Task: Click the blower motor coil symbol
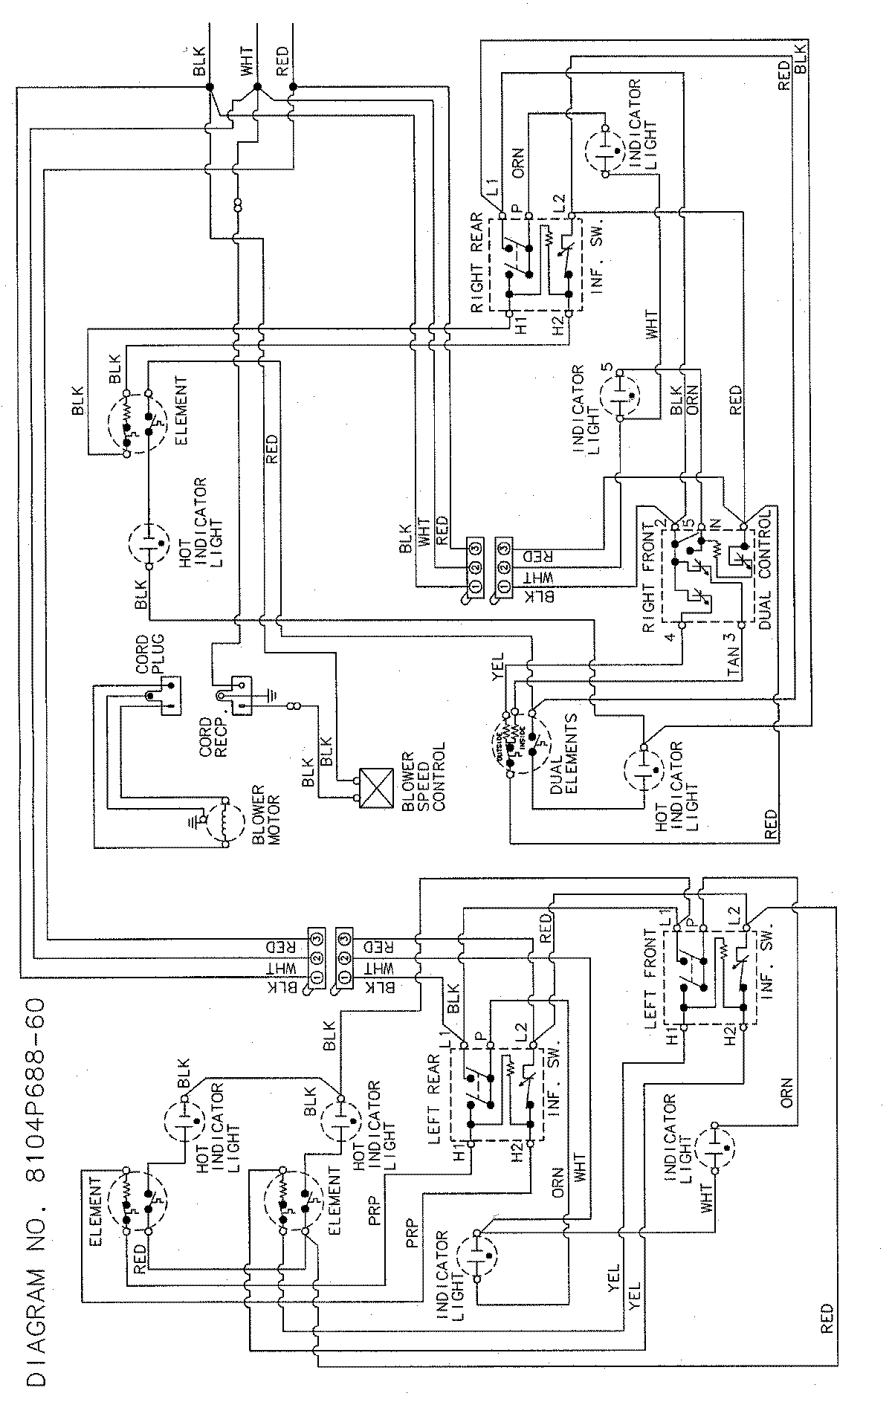pyautogui.click(x=226, y=823)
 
